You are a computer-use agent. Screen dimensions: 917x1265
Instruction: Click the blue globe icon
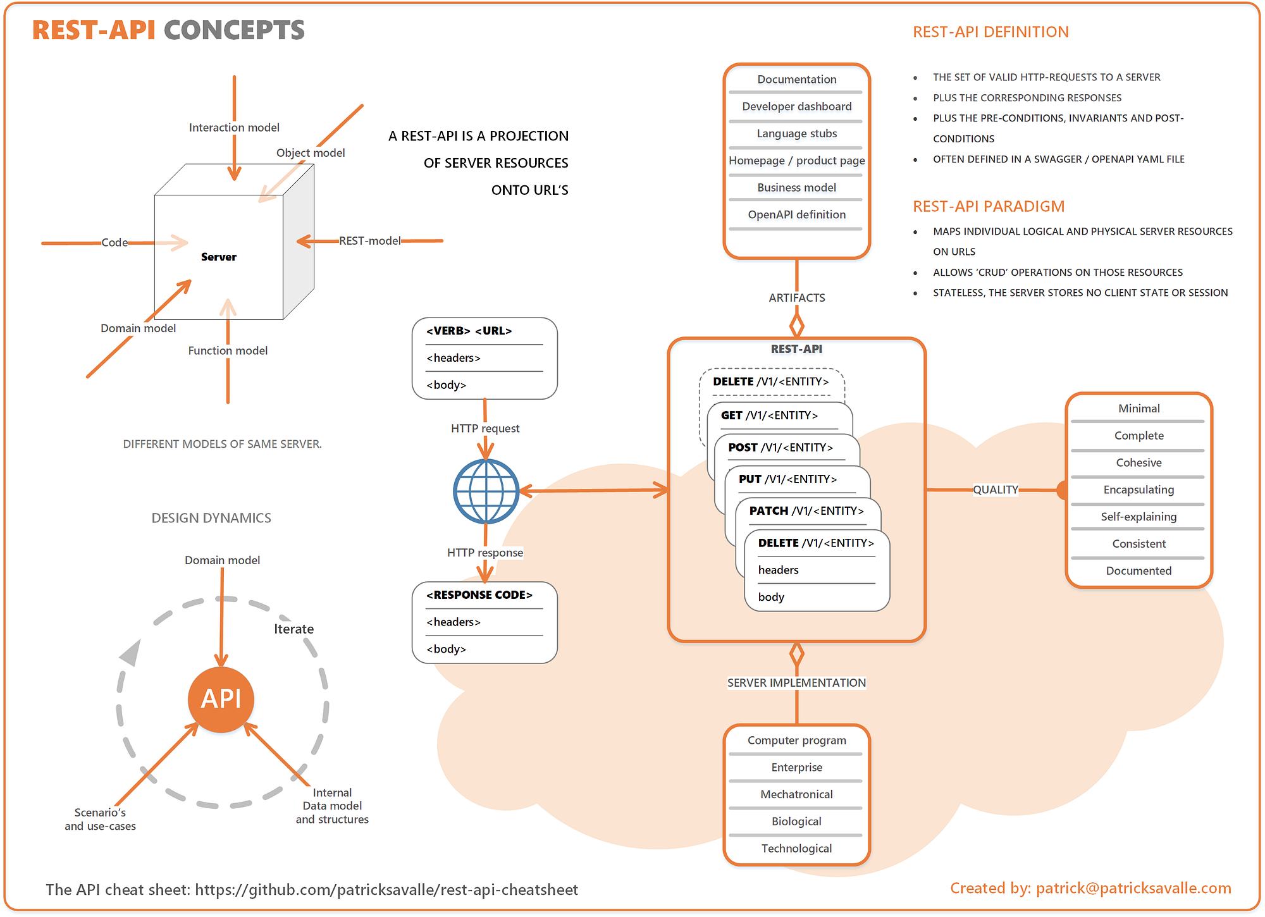486,491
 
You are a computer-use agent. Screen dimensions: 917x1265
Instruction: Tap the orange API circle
221,699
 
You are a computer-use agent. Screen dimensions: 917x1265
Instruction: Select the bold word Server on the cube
218,257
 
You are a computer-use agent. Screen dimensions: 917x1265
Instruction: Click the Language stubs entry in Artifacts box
796,133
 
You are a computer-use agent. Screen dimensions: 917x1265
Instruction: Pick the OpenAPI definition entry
796,214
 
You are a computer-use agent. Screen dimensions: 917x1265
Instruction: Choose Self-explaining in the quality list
1138,517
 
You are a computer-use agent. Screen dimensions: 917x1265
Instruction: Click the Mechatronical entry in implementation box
796,794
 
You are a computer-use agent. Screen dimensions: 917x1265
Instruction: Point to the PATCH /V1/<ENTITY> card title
806,511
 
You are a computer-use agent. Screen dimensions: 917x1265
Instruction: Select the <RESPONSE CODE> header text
479,595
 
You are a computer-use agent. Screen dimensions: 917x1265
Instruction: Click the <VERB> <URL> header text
469,331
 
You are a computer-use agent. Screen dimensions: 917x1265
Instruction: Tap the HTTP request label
484,429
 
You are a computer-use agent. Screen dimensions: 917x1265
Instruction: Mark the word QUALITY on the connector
995,489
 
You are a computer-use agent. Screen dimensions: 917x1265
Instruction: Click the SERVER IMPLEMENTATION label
796,683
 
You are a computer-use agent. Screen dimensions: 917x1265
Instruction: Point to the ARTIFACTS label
796,298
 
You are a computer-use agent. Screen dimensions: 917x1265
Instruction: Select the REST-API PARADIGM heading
988,207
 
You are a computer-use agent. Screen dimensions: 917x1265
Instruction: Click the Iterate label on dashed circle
293,629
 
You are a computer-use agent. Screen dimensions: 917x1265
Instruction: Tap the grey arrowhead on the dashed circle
131,653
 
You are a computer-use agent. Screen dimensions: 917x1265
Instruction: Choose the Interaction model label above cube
234,128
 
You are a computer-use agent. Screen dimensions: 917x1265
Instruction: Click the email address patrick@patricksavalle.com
1133,889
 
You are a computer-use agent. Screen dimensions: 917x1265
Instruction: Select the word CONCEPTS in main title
234,30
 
